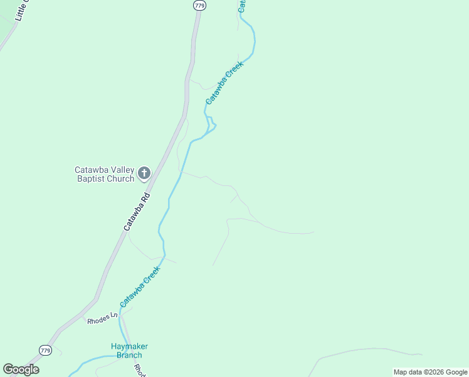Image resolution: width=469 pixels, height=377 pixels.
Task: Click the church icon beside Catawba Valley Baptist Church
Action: point(144,173)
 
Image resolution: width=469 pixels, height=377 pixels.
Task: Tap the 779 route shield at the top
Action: point(199,5)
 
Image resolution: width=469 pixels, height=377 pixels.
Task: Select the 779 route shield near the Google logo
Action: point(45,350)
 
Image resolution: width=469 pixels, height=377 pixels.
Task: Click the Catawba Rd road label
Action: point(137,212)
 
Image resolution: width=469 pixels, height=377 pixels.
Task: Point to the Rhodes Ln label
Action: point(102,318)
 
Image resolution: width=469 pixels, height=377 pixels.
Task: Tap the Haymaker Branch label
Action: point(129,351)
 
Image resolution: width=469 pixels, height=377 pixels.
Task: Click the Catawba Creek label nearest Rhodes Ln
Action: point(140,287)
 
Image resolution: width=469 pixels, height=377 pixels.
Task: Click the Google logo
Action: point(21,369)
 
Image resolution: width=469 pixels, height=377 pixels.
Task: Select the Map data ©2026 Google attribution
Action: point(430,372)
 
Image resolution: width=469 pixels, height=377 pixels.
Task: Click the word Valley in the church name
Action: point(122,170)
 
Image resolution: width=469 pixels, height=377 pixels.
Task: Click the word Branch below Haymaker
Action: point(129,356)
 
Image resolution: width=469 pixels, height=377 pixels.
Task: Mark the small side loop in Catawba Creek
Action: point(212,123)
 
